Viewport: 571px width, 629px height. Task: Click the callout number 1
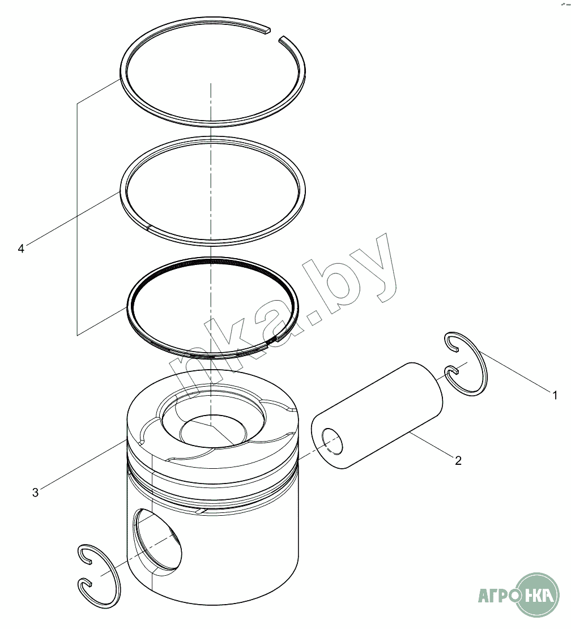pos(555,396)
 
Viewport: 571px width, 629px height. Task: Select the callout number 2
pos(458,460)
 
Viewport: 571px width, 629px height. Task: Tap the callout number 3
pos(35,493)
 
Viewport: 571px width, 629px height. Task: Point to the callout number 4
pos(21,249)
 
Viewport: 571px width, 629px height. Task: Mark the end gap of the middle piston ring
pos(148,228)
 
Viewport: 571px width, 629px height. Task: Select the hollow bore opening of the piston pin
pos(333,441)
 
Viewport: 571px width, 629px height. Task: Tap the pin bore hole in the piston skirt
pos(157,539)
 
